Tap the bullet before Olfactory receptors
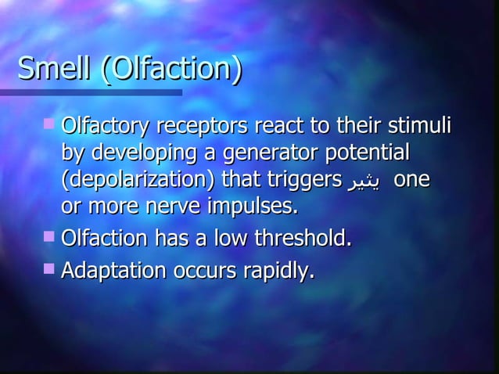pos(50,123)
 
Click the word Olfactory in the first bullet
pos(106,127)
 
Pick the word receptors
pos(203,127)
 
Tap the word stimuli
pos(421,127)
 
